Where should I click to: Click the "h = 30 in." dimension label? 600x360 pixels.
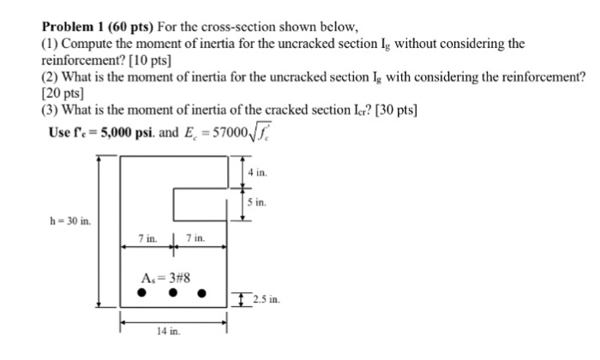(69, 221)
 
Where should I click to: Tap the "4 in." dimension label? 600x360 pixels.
(256, 172)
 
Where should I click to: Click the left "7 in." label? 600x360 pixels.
(147, 239)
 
